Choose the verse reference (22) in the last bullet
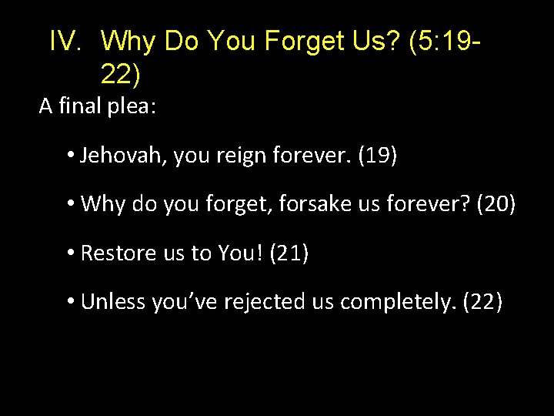point(482,301)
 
